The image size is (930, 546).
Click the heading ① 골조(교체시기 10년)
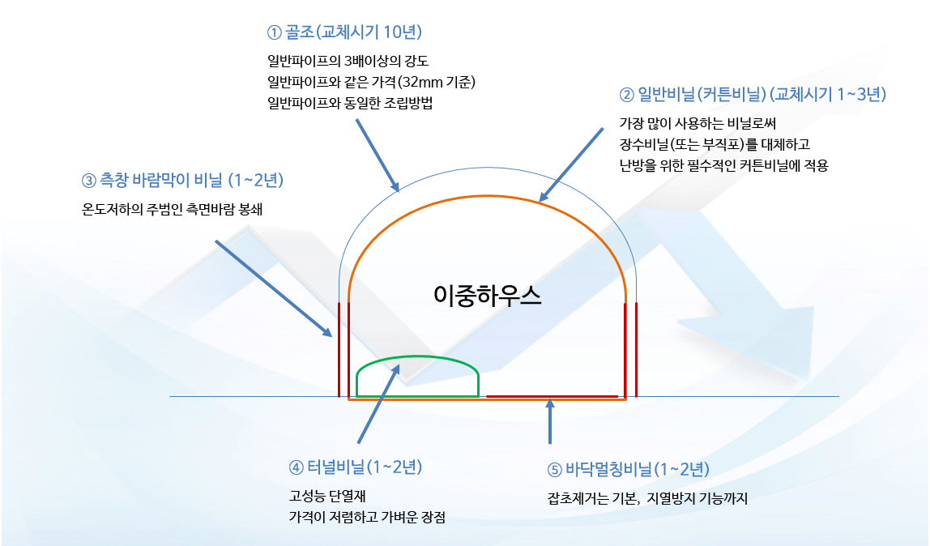tap(344, 32)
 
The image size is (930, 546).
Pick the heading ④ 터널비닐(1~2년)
tap(356, 467)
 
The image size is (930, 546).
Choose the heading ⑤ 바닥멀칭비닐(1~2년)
tap(628, 470)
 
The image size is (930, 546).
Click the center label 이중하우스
tap(488, 295)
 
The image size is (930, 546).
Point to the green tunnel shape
tap(417, 356)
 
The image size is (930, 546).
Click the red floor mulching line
tap(552, 396)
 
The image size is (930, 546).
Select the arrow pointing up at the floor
tap(550, 421)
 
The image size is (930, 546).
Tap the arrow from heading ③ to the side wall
tap(274, 288)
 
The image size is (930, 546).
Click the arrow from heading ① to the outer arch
tap(378, 156)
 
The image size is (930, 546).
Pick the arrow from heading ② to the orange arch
tap(571, 164)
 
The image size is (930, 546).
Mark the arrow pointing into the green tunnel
tap(380, 403)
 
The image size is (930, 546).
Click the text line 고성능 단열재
tap(327, 497)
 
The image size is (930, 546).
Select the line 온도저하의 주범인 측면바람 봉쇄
tap(172, 209)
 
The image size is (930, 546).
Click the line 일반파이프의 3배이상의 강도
tap(348, 61)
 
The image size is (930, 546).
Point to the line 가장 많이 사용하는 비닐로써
tap(698, 123)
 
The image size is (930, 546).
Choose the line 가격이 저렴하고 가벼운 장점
tap(367, 517)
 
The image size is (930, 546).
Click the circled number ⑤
tap(554, 470)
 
